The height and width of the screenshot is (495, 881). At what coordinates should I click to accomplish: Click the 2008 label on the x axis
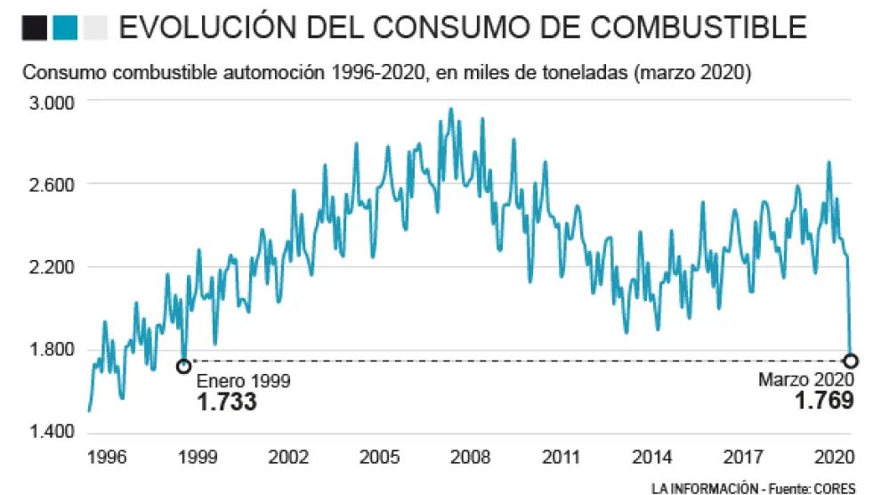pyautogui.click(x=471, y=458)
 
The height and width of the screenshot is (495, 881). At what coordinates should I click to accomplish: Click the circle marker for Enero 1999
pyautogui.click(x=183, y=366)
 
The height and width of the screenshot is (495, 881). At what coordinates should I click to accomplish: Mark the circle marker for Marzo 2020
pyautogui.click(x=851, y=361)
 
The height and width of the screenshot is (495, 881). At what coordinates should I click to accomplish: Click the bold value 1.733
pyautogui.click(x=227, y=402)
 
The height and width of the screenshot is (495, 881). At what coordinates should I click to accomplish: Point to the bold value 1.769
pyautogui.click(x=824, y=401)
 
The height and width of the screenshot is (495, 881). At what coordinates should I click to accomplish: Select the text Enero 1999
pyautogui.click(x=243, y=381)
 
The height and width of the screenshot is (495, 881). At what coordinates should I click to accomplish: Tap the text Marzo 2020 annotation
pyautogui.click(x=807, y=380)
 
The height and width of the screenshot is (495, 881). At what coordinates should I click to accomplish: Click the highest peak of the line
pyautogui.click(x=450, y=109)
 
